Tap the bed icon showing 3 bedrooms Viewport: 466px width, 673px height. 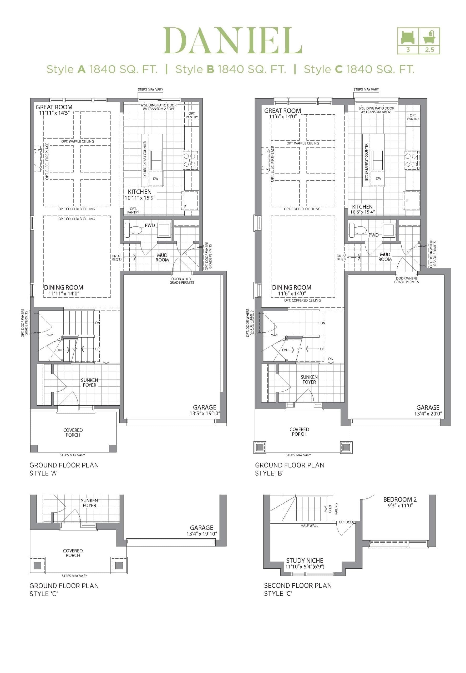tap(408, 37)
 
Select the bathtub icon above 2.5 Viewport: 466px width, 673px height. tap(429, 37)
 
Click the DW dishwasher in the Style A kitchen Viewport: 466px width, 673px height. tap(156, 179)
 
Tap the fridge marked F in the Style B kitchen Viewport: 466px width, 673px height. tap(411, 201)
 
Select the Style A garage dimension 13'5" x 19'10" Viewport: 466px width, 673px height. tap(204, 413)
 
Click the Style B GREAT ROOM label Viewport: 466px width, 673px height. tap(282, 111)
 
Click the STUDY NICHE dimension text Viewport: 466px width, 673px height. tap(305, 567)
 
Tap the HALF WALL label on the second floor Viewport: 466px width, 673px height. tap(309, 525)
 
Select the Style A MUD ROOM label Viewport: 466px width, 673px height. tap(162, 257)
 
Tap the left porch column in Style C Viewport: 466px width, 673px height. tap(37, 565)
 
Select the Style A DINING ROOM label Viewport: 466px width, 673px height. tap(64, 287)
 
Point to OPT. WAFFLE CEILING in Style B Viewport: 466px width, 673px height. tap(302, 143)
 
